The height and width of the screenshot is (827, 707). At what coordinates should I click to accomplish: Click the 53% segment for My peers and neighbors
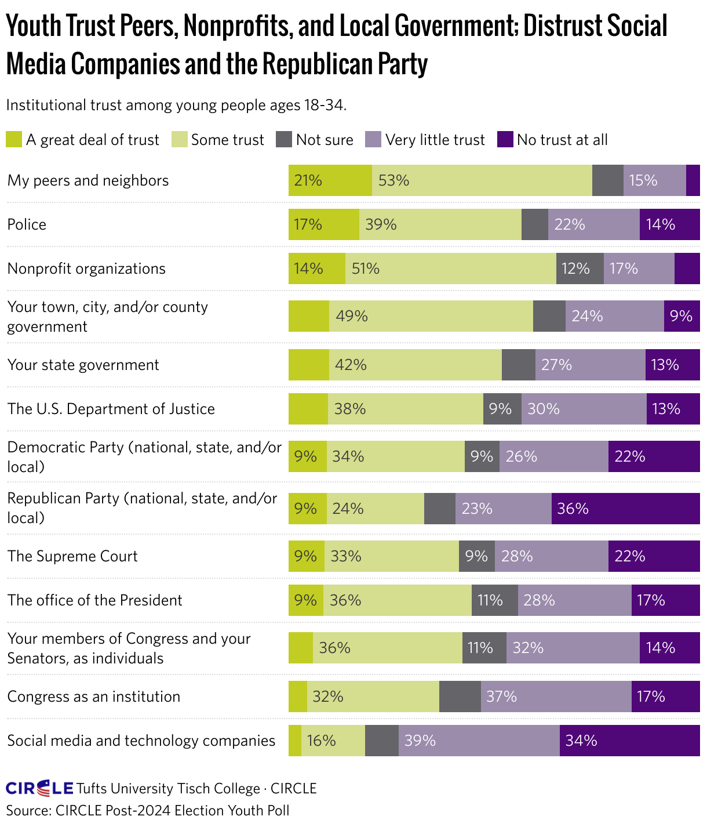pos(482,180)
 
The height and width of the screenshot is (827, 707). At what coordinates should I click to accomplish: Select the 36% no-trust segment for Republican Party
pos(625,509)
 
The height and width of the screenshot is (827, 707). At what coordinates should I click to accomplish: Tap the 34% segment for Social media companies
pos(629,741)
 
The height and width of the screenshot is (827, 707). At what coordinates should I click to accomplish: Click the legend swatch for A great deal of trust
pos(14,140)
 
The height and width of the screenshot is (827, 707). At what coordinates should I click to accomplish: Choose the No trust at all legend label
pos(562,140)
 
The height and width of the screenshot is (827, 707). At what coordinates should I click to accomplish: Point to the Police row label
pos(27,224)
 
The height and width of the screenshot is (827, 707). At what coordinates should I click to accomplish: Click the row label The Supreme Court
pos(72,556)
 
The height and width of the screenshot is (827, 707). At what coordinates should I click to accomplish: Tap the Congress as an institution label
pos(94,697)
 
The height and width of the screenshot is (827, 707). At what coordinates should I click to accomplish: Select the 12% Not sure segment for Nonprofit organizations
pos(580,269)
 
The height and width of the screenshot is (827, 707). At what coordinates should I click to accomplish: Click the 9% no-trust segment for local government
pos(682,316)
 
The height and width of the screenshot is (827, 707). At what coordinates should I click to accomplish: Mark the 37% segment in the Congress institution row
pos(556,697)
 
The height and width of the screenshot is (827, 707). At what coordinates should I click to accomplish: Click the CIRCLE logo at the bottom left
pos(39,788)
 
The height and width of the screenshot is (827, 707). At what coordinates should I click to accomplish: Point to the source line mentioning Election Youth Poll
pos(148,810)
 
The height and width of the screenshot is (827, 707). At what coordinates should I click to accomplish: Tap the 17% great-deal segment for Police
pos(323,224)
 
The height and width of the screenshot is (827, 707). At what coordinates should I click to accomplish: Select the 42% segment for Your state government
pos(415,365)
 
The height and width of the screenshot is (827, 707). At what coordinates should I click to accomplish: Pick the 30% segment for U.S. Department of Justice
pos(584,409)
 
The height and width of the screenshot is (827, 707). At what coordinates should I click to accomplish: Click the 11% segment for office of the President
pos(494,600)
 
